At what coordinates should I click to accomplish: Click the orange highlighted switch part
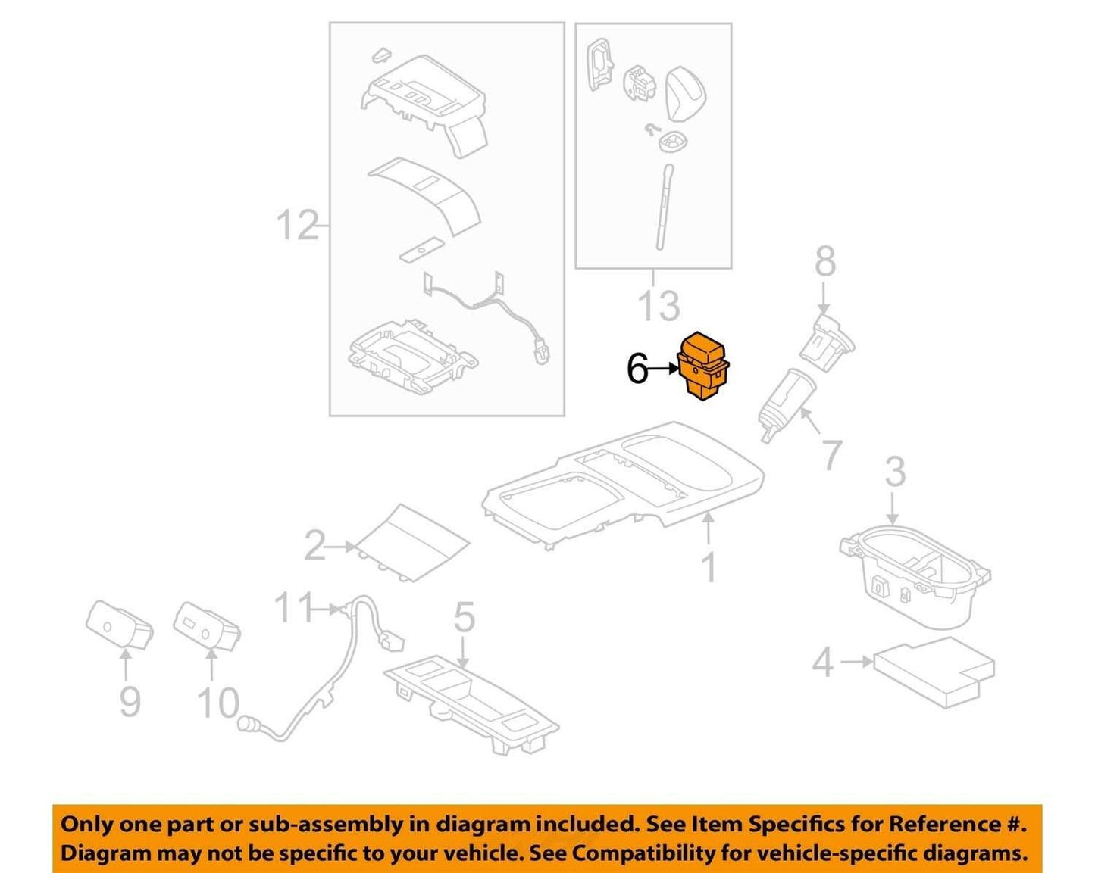[x=703, y=366]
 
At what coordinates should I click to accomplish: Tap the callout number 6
[x=637, y=369]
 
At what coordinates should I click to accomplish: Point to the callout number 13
[x=659, y=306]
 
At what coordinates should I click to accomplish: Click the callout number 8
[x=824, y=263]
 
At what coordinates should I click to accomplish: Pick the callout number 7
[x=831, y=455]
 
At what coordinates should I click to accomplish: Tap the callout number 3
[x=896, y=472]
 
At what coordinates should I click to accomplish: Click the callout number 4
[x=823, y=662]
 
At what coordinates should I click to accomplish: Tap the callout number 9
[x=130, y=703]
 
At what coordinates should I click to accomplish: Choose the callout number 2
[x=315, y=546]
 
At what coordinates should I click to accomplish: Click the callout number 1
[x=709, y=568]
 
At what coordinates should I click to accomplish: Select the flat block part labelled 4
[x=934, y=672]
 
